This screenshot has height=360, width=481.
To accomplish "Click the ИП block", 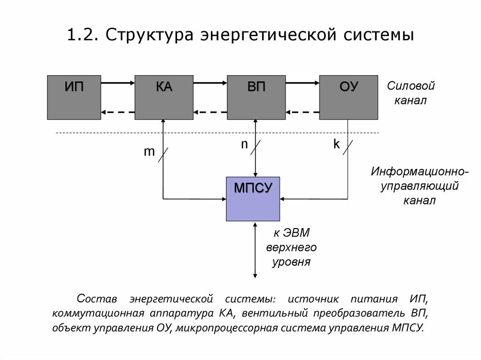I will coord(74,97).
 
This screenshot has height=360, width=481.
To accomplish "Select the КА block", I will coord(163,97).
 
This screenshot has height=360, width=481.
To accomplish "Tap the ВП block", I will coord(256,97).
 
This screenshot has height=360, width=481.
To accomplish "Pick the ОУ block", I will coord(348,97).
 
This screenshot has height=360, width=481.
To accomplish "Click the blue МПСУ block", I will coord(253,199).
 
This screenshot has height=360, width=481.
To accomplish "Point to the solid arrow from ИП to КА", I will coord(117,83).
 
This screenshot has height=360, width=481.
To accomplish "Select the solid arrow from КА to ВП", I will coord(210,83).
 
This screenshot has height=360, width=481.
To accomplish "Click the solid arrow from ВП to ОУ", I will coord(302,83).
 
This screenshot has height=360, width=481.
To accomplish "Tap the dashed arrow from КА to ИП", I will coord(117,112).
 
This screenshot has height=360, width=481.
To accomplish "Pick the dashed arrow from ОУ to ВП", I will coord(302,112).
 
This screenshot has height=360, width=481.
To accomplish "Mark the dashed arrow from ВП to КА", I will coord(210,112).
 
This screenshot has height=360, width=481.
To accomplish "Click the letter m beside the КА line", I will coord(149,152).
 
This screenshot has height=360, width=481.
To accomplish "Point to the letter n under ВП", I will coord(244,145).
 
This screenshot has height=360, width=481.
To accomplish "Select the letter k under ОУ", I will coord(336,145).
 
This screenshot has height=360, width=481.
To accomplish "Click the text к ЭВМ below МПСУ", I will coord(292,233).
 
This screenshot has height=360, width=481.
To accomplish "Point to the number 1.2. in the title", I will coord(82,36).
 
